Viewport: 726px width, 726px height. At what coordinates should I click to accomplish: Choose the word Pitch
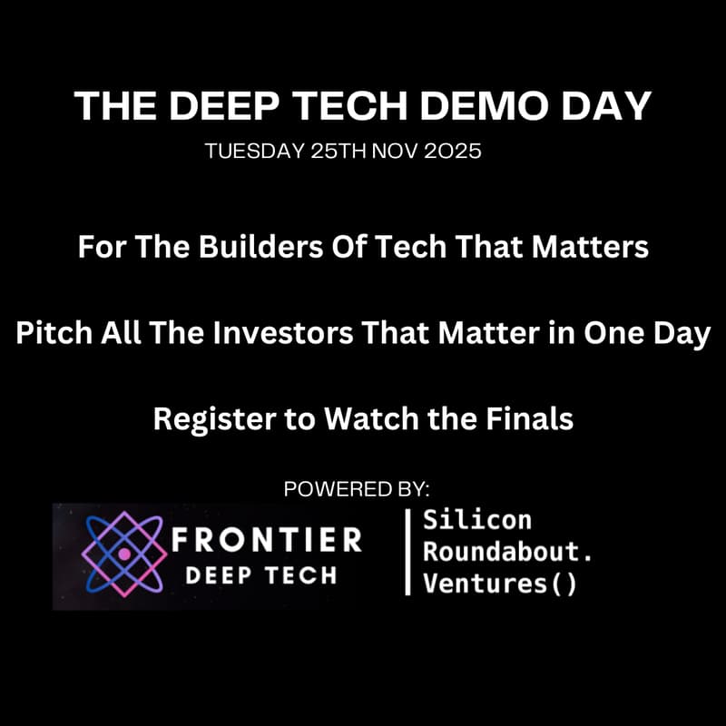coord(48,333)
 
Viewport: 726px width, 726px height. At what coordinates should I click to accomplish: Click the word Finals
coord(529,419)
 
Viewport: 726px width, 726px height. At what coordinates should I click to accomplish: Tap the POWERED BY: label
coord(357,489)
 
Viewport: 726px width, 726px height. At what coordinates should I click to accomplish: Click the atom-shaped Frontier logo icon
coord(125,553)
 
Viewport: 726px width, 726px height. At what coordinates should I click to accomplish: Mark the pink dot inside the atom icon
coord(124,554)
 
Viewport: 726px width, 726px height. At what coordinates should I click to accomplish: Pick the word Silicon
coord(477,521)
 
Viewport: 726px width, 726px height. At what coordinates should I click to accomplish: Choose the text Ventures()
coord(500,584)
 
